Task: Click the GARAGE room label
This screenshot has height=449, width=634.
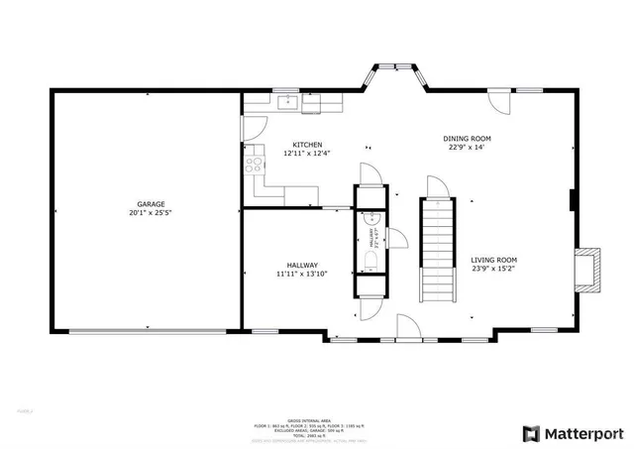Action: pos(151,203)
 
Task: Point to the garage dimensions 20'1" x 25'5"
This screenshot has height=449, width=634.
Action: pos(151,212)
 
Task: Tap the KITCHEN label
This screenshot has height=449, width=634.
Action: pos(306,145)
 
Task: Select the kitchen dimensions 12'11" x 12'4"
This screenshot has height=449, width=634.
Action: pos(306,154)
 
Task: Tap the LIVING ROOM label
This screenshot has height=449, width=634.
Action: pos(494,260)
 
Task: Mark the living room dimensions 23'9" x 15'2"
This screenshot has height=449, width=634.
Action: pos(494,269)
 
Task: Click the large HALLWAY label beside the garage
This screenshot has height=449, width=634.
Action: pos(302,265)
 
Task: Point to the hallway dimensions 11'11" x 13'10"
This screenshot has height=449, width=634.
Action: pos(302,274)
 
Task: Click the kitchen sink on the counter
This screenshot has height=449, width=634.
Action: pos(288,100)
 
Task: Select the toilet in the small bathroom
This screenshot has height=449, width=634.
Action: pos(369,261)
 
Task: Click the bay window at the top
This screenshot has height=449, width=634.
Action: pos(398,72)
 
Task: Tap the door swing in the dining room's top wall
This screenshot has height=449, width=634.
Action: pos(501,101)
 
